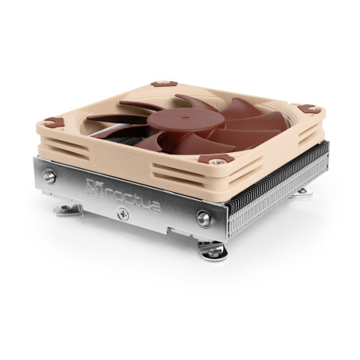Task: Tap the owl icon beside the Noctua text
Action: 94,189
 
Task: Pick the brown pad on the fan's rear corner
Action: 163,83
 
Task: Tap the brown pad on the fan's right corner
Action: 307,108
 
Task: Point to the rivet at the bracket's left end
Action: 50,177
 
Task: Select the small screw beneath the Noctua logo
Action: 122,213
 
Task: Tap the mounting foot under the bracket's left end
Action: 67,209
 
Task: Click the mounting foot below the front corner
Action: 213,251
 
